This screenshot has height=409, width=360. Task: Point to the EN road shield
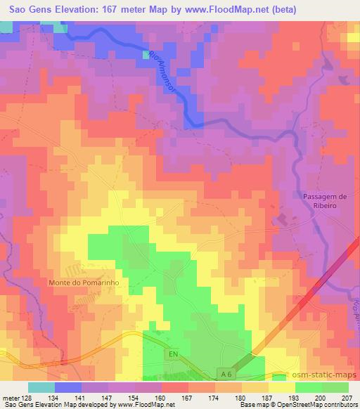coord(173,356)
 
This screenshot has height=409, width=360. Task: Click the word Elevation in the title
coord(73,11)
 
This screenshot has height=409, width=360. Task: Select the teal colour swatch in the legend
coord(41,387)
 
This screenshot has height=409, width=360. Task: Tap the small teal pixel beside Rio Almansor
coord(146,54)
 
